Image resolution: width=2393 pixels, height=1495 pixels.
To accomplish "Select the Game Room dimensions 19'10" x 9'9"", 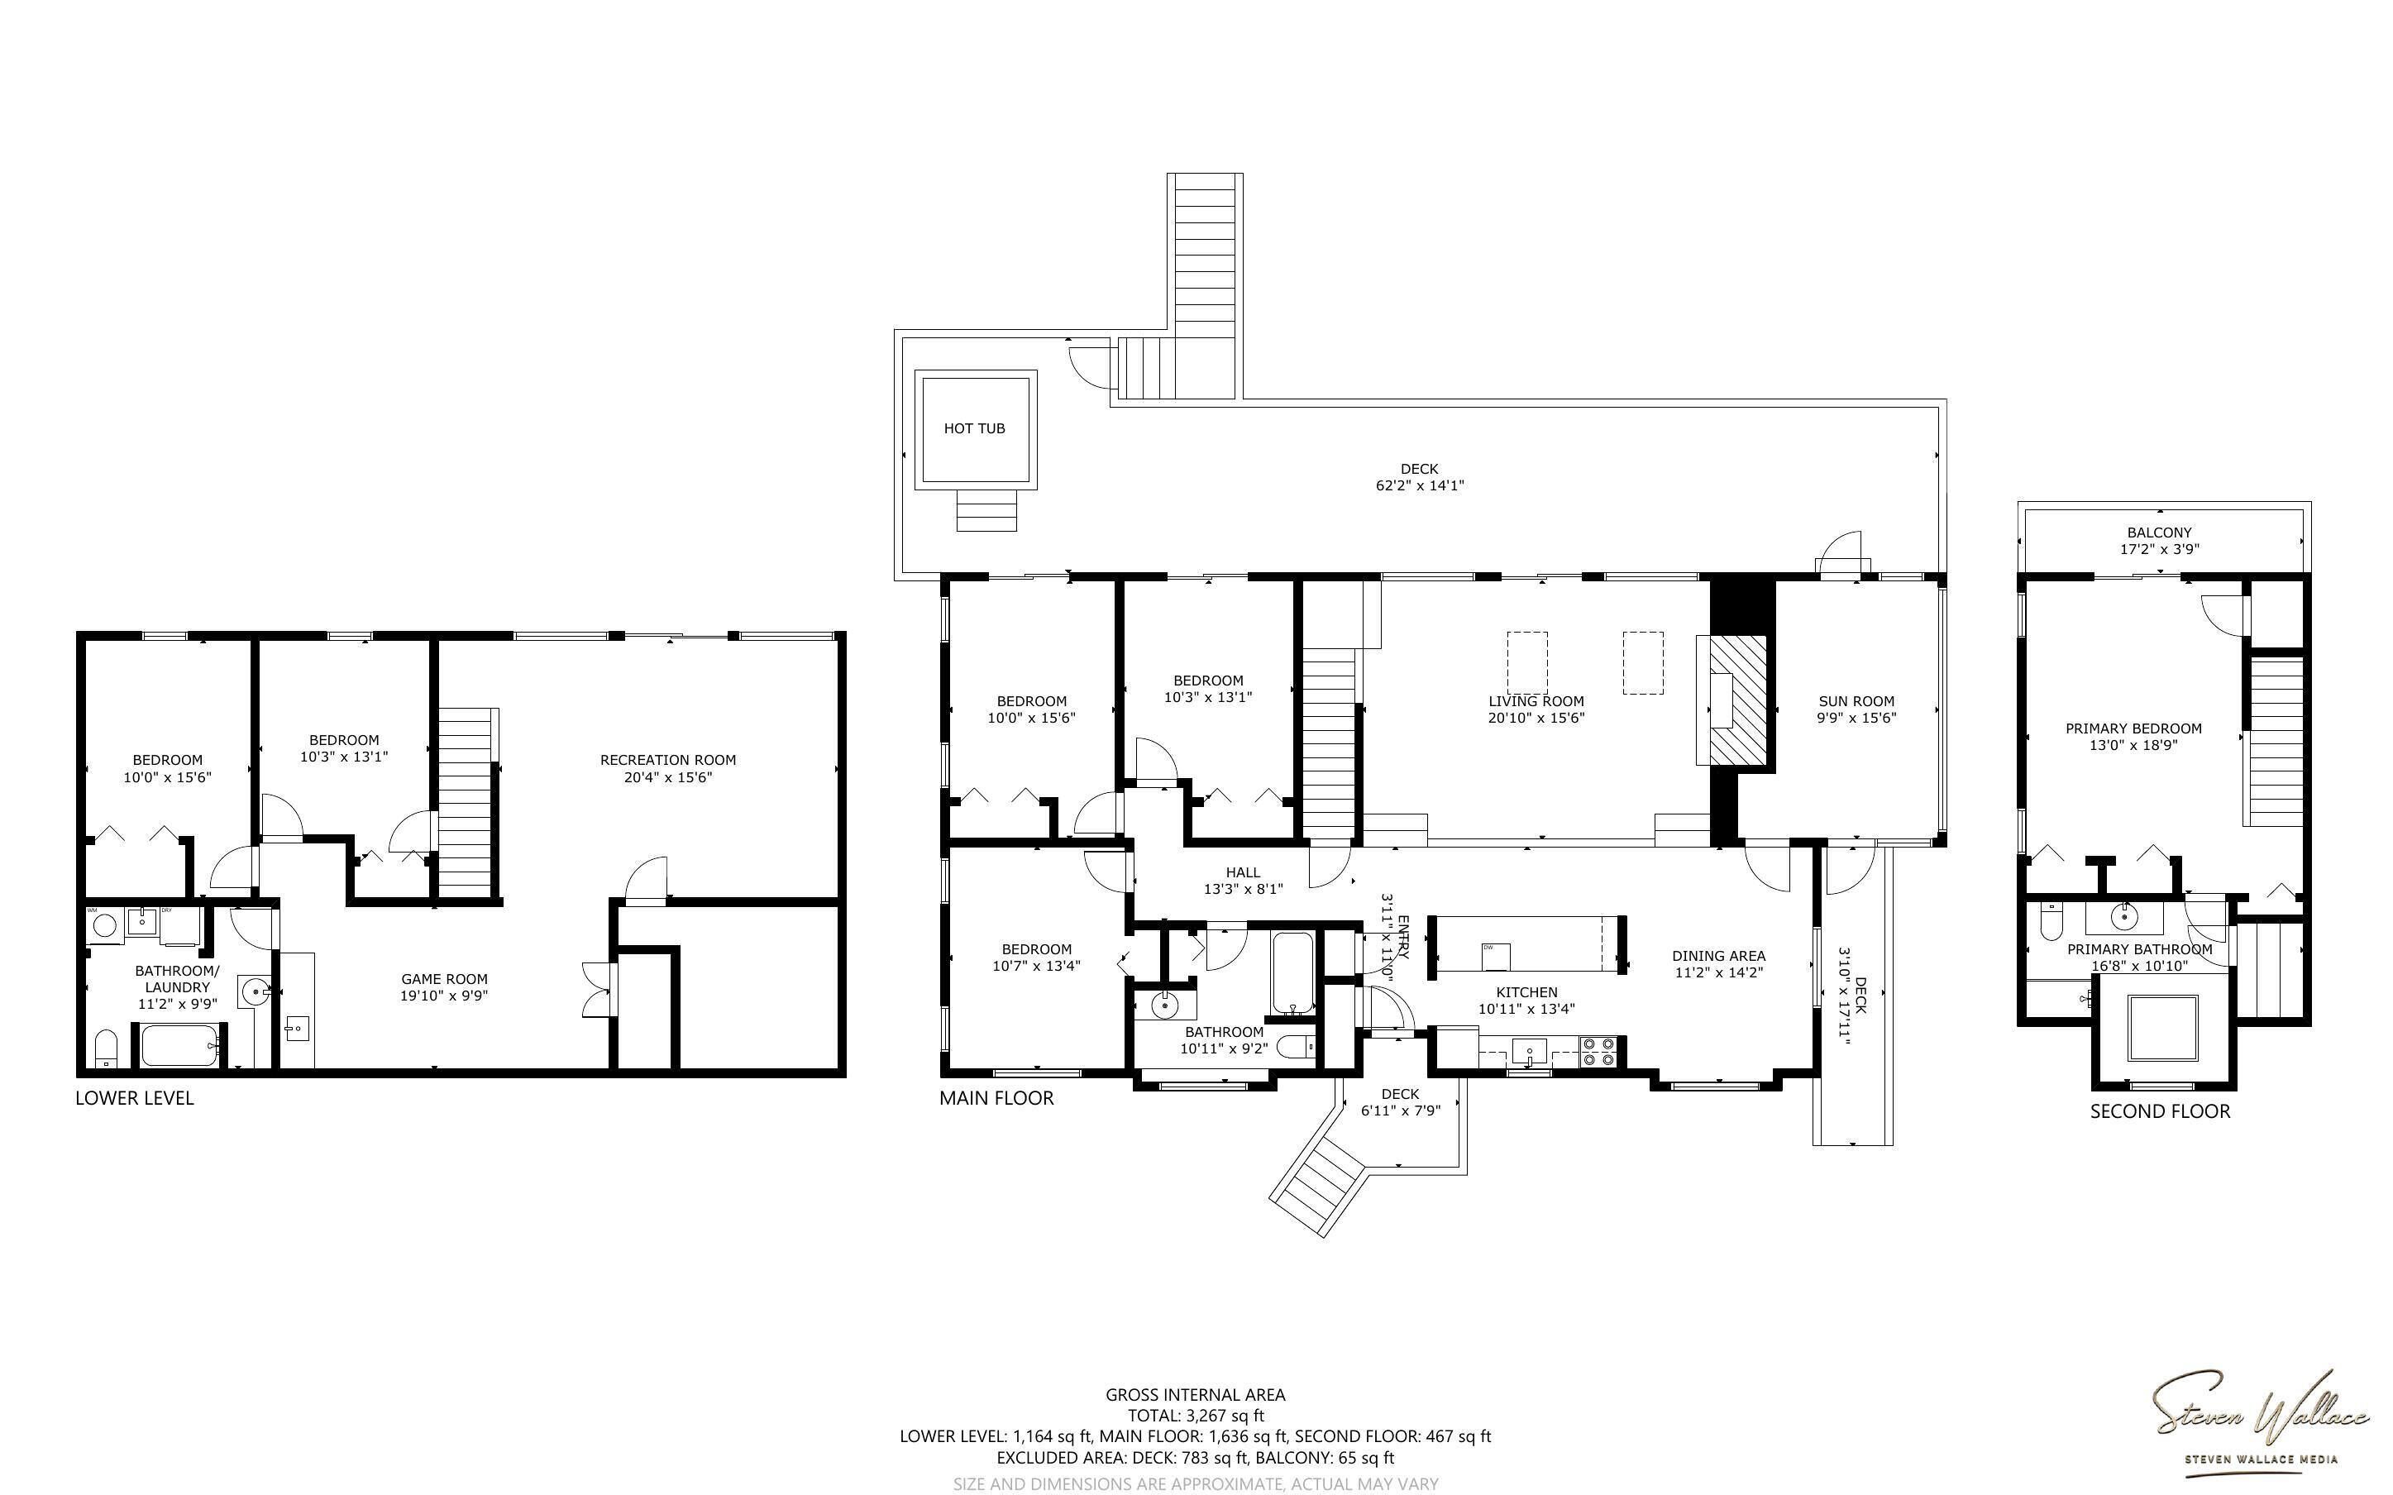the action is tap(444, 996).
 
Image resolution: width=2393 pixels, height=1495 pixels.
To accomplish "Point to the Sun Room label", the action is tap(1856, 701).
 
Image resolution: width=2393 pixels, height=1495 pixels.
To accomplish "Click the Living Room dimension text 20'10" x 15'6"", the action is tap(1536, 718).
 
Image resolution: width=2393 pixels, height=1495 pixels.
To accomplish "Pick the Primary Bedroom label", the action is tap(2133, 728).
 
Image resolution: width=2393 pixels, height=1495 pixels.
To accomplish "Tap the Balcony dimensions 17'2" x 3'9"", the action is tap(2160, 549).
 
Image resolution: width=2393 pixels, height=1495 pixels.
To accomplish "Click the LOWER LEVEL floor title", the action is tap(135, 1097).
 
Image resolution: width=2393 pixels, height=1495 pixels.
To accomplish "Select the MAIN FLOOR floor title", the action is tap(996, 1097).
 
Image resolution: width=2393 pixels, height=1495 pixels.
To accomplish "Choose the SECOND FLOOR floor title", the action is tap(2160, 1111).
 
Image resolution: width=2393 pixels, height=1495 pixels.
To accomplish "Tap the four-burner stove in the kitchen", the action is tap(1598, 1051).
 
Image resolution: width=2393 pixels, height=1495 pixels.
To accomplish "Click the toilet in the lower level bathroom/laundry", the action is tap(107, 1049).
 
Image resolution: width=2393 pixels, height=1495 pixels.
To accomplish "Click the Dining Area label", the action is tap(1718, 956).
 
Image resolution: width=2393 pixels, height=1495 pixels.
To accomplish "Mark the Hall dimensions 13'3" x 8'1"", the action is tap(1243, 889).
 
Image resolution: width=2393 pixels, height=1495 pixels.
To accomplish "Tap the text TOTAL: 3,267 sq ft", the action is tap(1195, 1416).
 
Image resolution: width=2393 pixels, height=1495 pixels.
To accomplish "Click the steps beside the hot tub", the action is tap(986, 510).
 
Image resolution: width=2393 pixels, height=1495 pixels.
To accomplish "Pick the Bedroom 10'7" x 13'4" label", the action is tap(1036, 958).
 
